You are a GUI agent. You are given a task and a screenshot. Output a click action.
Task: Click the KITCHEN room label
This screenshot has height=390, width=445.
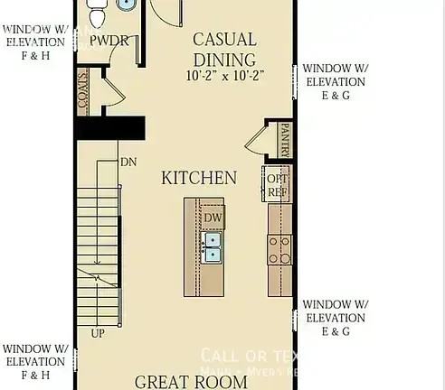[x=199, y=178]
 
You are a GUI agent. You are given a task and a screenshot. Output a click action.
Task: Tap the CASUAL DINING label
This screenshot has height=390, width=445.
[x=225, y=49]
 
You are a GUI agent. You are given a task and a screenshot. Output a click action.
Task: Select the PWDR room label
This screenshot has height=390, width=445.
[x=109, y=41]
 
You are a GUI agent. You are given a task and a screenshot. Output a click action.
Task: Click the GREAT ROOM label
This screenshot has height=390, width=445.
[x=191, y=381]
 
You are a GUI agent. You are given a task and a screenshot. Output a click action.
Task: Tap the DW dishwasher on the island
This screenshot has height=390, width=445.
[x=213, y=218]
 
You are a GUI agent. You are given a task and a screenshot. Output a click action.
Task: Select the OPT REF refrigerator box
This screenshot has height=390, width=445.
[x=276, y=184]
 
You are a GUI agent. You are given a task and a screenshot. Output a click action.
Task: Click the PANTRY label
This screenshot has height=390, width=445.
[x=285, y=139]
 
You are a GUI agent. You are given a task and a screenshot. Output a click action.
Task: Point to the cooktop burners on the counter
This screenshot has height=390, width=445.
[x=279, y=248]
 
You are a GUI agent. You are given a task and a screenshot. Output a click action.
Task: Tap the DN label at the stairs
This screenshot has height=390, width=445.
[x=128, y=162]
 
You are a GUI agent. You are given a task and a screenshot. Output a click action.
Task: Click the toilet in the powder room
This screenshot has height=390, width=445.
[x=99, y=14]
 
